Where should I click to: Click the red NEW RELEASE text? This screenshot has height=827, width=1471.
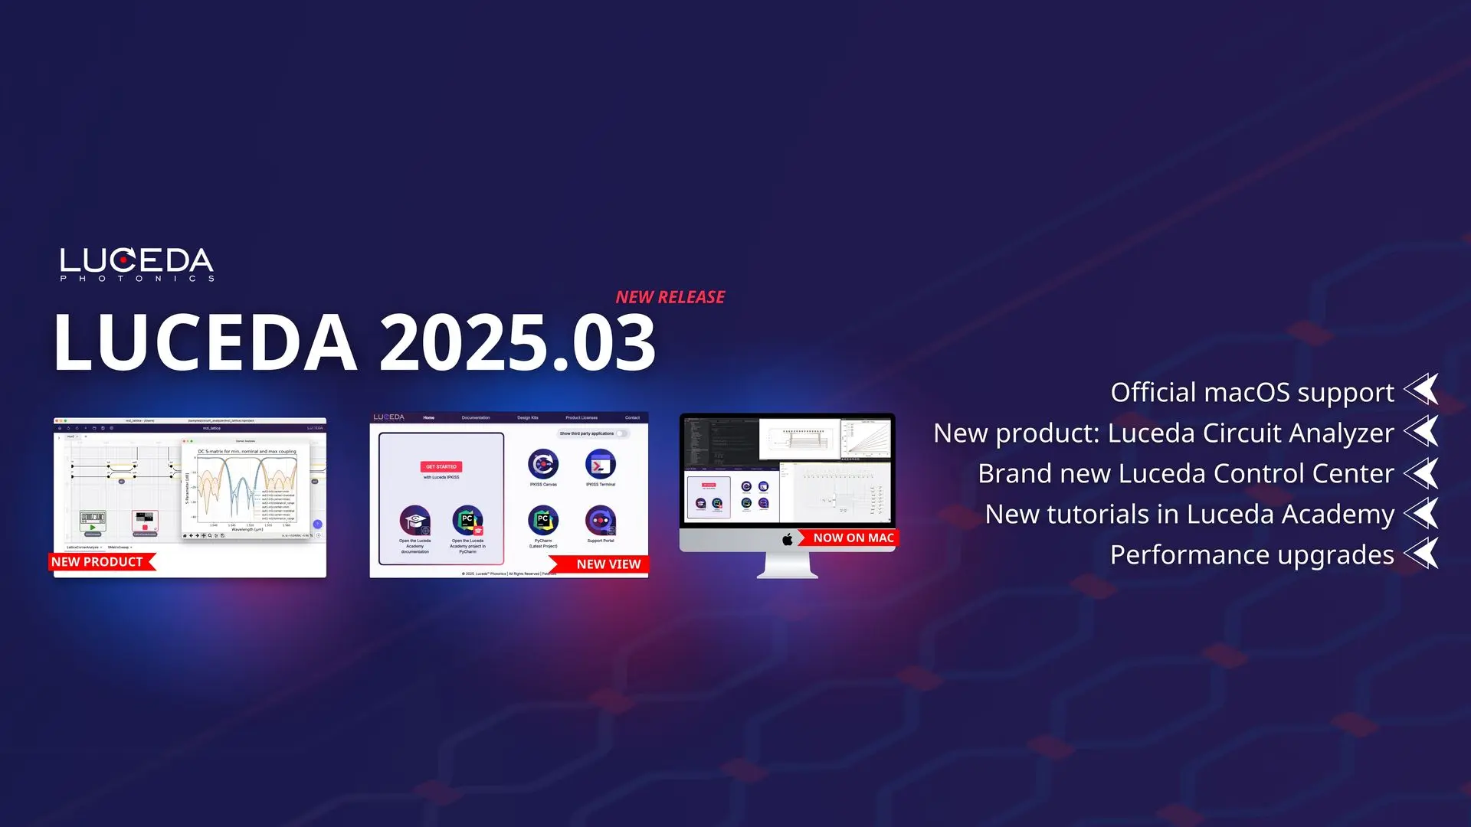670,297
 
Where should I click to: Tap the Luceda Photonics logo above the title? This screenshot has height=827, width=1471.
137,263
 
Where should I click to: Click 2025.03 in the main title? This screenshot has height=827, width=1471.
517,342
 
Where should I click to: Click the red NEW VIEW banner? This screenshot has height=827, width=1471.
607,564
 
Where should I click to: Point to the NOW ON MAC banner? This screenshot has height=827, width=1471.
852,538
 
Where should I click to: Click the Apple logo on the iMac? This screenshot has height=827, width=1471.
788,539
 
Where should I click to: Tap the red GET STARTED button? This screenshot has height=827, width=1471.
441,466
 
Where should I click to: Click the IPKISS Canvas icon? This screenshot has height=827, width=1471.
543,464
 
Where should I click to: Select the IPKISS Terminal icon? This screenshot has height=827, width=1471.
601,464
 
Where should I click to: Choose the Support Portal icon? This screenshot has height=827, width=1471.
601,521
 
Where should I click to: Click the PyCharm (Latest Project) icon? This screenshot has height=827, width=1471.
543,521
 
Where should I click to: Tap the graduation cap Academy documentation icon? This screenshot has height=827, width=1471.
414,521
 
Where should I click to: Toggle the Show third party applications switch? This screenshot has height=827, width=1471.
622,433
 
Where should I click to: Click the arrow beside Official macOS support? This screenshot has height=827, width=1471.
1422,391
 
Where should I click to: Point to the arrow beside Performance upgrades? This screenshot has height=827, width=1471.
1422,553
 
